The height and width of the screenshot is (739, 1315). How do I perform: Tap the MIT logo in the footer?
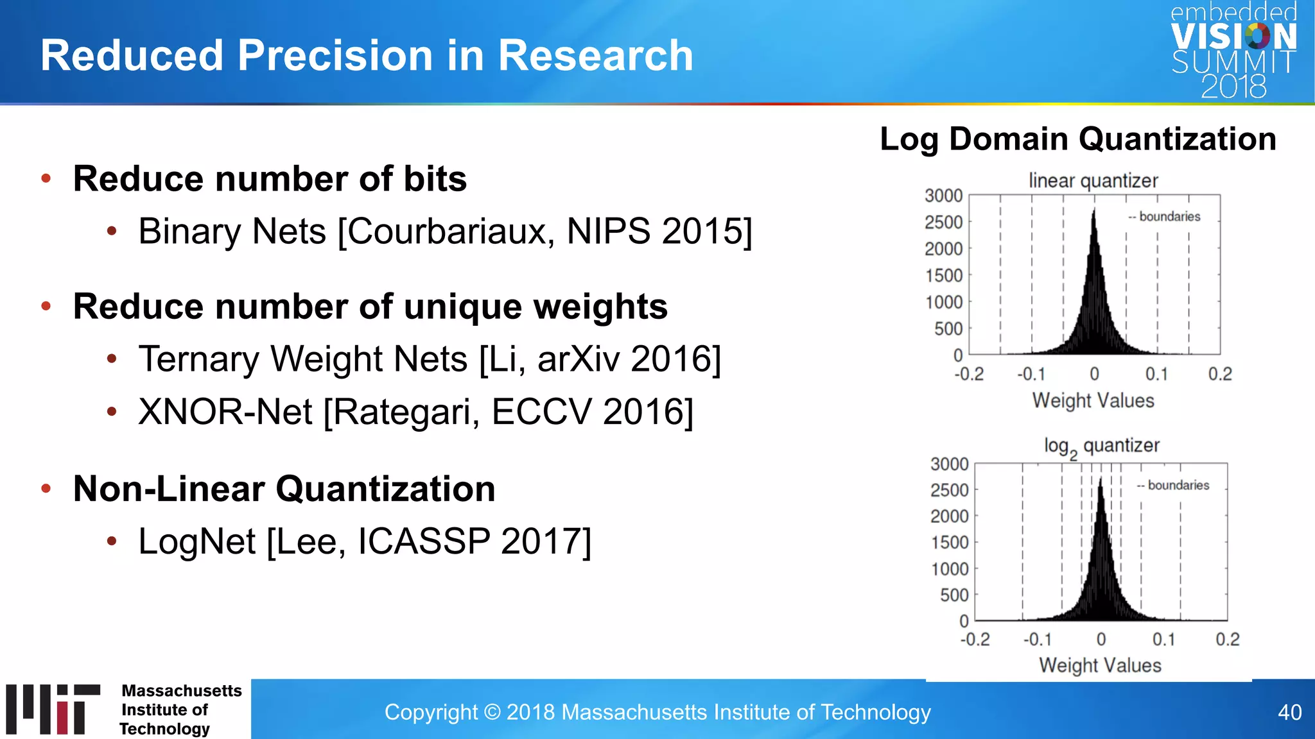click(53, 709)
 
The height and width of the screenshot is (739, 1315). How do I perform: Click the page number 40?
click(1289, 712)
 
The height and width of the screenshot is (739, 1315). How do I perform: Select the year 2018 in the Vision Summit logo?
click(1233, 87)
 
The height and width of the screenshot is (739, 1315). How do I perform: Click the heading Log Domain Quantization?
click(1077, 139)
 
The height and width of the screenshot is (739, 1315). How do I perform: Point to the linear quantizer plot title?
click(1093, 181)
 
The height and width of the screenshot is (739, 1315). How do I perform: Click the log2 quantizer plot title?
click(1101, 446)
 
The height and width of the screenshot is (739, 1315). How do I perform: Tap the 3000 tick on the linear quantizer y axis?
click(943, 196)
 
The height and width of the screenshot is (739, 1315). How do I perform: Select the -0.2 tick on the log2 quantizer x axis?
click(974, 640)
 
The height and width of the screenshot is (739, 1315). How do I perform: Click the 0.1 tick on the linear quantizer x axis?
click(1156, 374)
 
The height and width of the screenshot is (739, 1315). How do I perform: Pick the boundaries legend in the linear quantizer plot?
click(1165, 217)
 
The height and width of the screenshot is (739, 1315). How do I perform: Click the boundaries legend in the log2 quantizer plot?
click(1173, 486)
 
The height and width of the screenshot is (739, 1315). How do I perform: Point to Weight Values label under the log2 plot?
click(1100, 665)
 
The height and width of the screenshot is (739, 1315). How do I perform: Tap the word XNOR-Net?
click(225, 412)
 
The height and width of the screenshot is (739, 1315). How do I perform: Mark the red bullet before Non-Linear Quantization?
click(46, 489)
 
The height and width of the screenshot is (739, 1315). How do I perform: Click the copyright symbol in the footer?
click(492, 712)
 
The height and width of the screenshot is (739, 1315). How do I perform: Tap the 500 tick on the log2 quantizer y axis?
click(954, 595)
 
